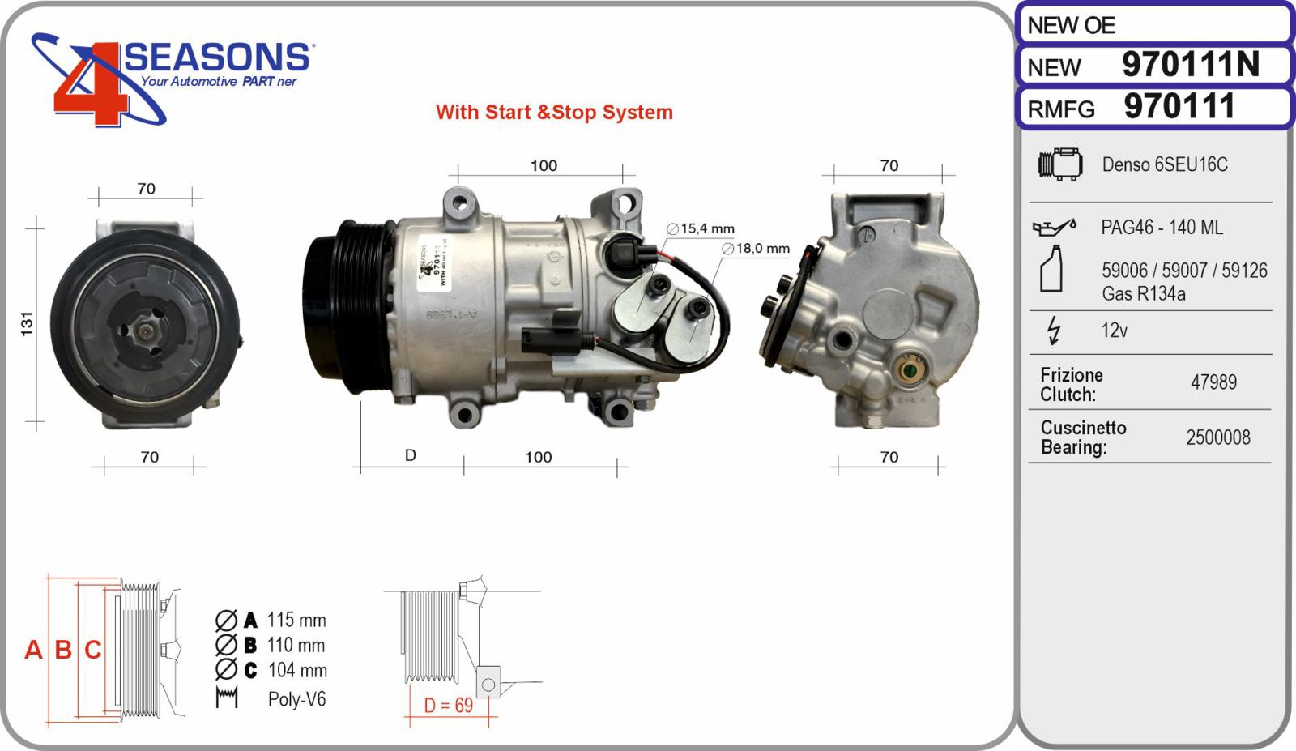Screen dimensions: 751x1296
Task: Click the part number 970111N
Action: (1190, 65)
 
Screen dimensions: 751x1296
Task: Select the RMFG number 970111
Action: (1179, 107)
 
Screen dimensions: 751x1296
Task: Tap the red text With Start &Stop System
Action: (554, 112)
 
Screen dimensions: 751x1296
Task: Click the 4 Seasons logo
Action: (170, 77)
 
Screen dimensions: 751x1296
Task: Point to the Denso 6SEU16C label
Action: (1164, 164)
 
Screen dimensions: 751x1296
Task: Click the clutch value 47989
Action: (1213, 382)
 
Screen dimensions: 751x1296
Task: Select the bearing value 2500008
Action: (1217, 437)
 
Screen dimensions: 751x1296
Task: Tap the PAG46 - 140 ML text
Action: (1162, 228)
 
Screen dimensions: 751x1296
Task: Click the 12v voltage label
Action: (1114, 331)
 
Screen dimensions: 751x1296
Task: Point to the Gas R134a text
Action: (1143, 294)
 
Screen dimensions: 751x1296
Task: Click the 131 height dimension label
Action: (28, 323)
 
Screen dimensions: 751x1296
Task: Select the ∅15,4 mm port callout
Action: (701, 229)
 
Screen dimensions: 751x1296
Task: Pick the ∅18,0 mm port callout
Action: (756, 249)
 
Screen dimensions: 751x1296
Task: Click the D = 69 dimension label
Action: (449, 706)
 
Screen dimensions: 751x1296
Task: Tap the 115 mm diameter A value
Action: (296, 621)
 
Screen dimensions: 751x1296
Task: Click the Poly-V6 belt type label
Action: (296, 699)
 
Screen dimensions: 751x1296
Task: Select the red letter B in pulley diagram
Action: (63, 650)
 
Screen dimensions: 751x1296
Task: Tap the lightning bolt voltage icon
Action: (1053, 331)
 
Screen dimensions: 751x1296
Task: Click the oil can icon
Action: (1053, 228)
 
